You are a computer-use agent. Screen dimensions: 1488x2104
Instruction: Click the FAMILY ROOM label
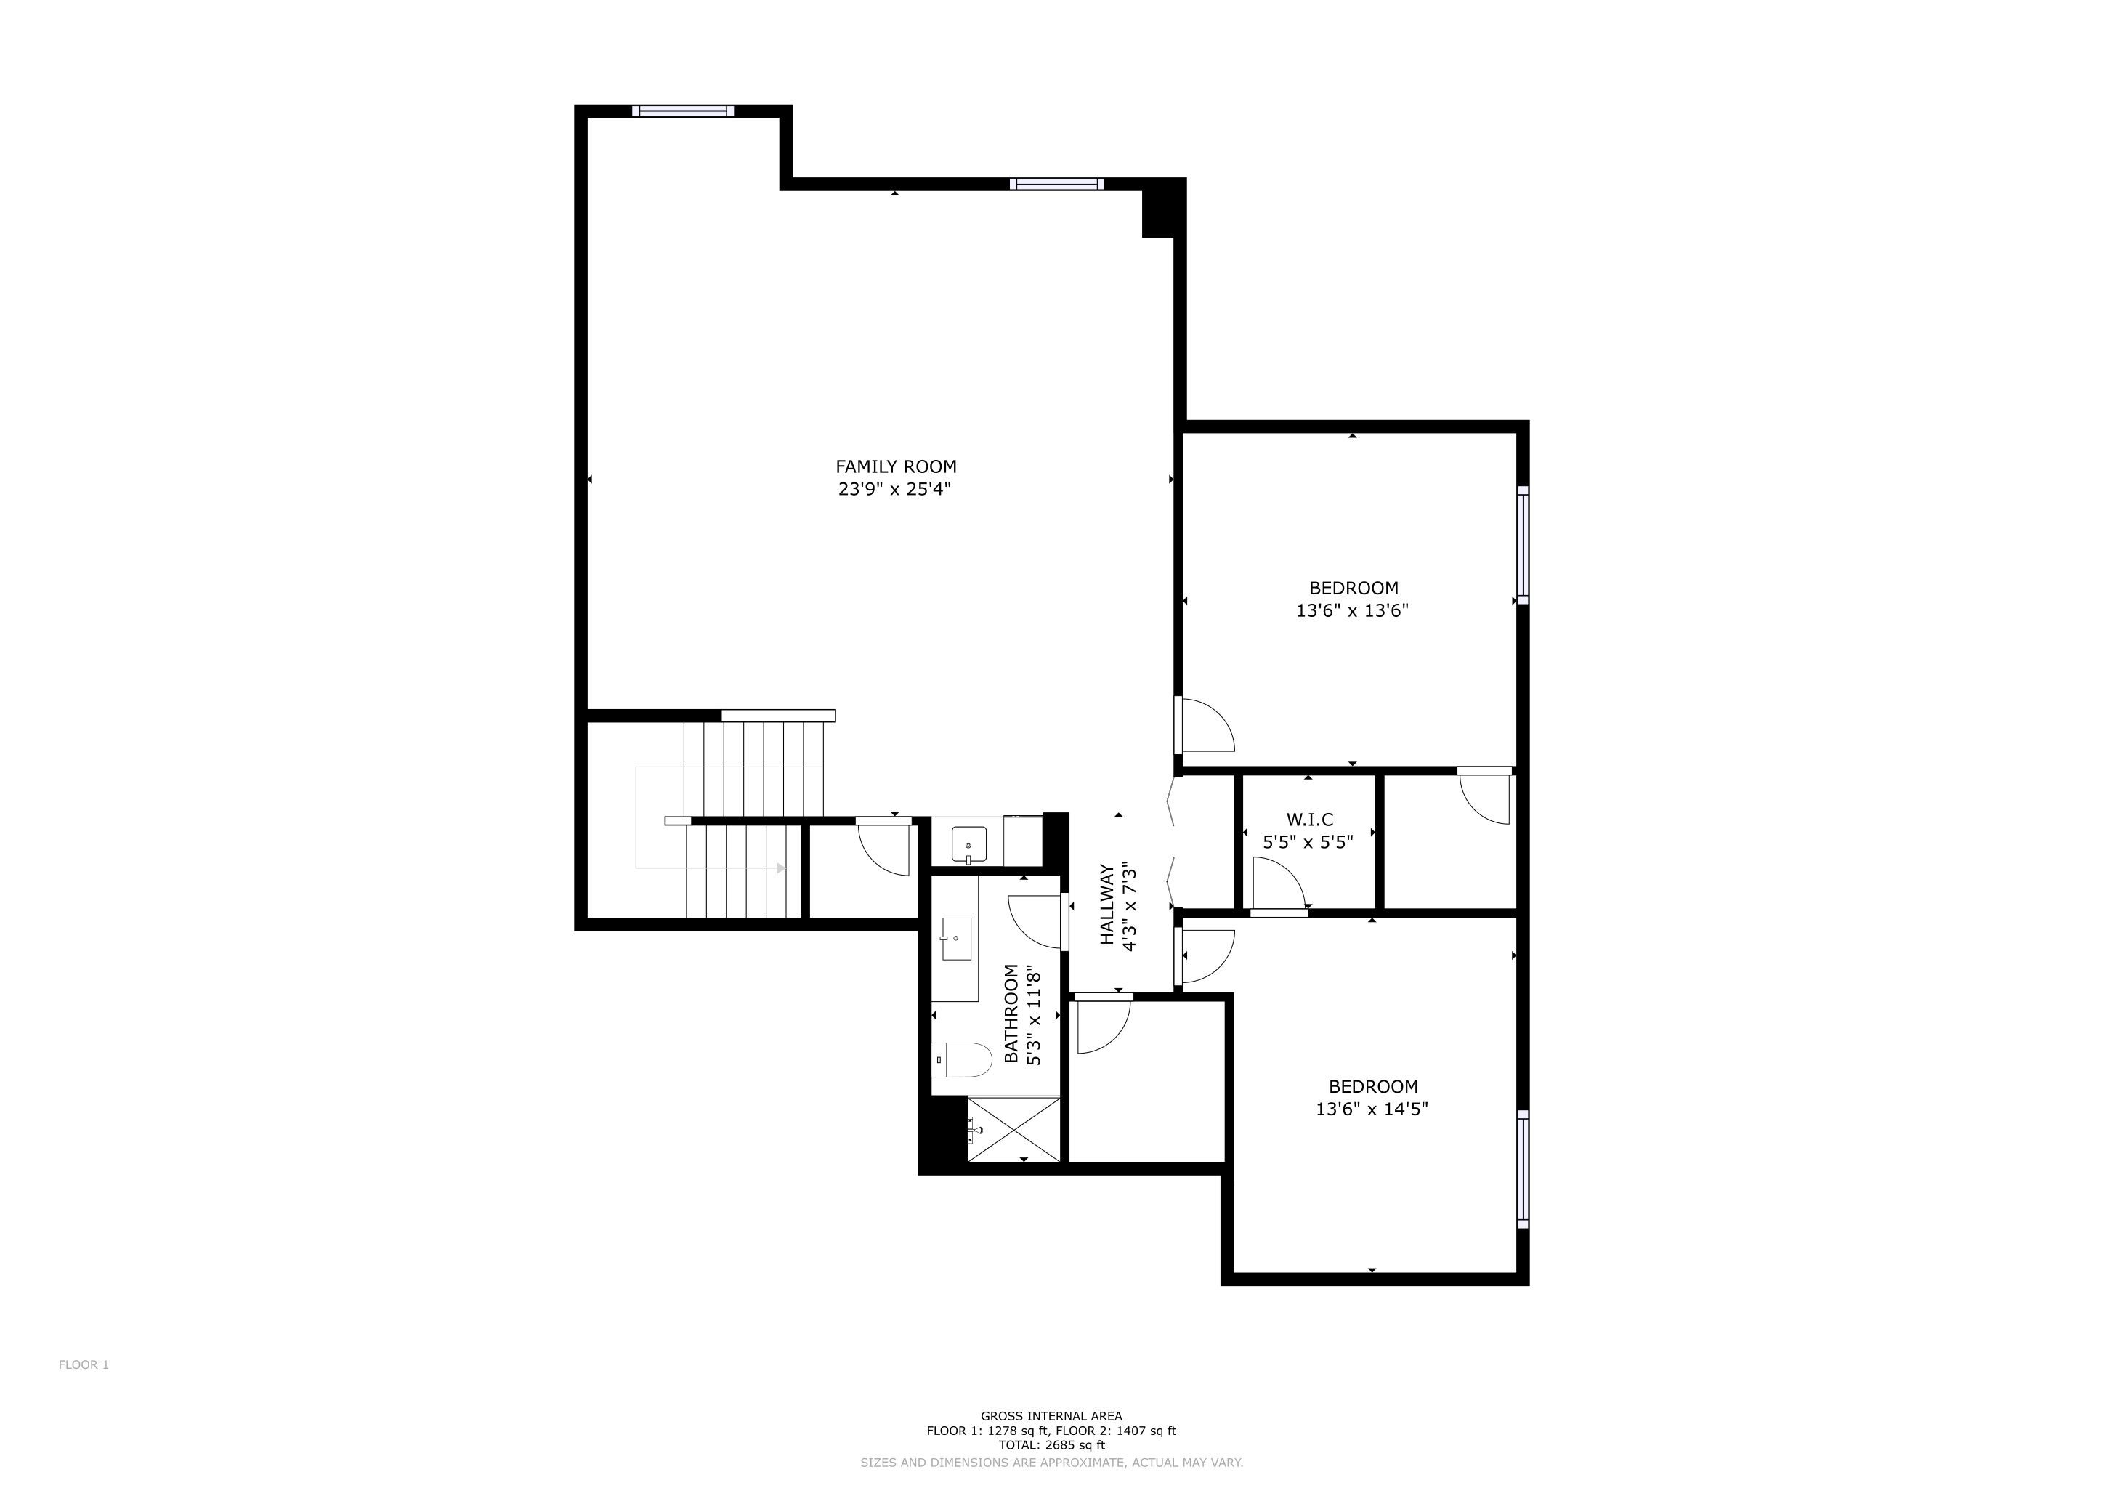(x=895, y=466)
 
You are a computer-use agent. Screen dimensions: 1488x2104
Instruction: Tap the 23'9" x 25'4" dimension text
(x=894, y=489)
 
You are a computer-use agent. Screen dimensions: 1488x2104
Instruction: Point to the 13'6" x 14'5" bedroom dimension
(x=1372, y=1109)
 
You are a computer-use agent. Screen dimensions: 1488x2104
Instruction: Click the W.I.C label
(x=1309, y=820)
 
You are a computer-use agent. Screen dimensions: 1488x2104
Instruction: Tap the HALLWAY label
(x=1107, y=905)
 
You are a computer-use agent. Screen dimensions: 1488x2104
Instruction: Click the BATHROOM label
(x=1011, y=1014)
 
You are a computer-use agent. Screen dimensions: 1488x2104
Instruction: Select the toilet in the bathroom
(x=963, y=1061)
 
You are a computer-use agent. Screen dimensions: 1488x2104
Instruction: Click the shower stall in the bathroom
(x=1013, y=1129)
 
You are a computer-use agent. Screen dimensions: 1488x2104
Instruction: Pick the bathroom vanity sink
(x=956, y=938)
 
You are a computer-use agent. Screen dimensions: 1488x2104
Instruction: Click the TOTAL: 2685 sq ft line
(x=1051, y=1446)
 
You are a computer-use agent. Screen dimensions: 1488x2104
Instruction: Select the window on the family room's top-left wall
(x=683, y=112)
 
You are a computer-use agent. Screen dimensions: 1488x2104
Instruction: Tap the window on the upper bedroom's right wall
(x=1523, y=545)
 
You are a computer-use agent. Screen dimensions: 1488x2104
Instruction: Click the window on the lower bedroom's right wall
(x=1523, y=1169)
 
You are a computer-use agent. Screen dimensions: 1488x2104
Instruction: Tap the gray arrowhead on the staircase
(x=782, y=868)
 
